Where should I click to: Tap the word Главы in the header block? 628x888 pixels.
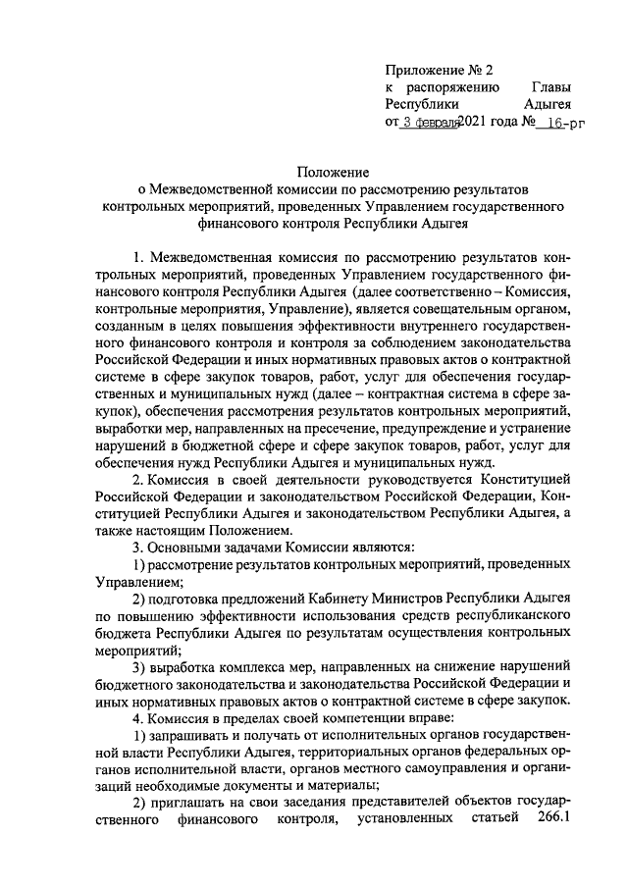[549, 87]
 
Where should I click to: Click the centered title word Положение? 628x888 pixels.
[334, 171]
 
